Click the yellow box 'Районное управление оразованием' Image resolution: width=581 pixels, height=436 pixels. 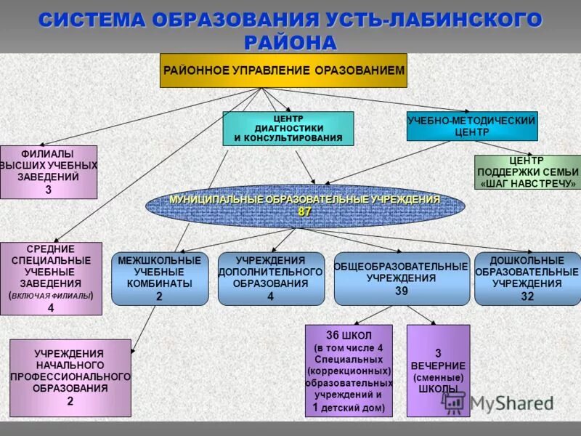point(283,70)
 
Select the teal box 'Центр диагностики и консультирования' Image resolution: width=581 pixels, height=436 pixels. point(288,128)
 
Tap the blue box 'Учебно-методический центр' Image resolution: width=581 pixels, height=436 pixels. point(472,126)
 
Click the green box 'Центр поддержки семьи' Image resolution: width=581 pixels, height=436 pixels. point(528,171)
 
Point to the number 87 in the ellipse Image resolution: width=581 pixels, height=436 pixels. point(305,211)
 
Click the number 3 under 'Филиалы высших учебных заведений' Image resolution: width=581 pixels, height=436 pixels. point(49,190)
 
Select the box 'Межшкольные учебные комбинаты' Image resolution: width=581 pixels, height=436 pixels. point(159,278)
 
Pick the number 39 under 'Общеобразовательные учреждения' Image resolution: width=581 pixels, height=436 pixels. point(401,291)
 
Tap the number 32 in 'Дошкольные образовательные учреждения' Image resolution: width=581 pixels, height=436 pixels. point(527,296)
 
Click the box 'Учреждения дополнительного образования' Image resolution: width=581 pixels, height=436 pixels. point(271,278)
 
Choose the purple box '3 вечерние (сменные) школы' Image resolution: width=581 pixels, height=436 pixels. point(438,371)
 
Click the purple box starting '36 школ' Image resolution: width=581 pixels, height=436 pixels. point(349,371)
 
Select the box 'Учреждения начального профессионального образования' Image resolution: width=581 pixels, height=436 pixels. point(70,377)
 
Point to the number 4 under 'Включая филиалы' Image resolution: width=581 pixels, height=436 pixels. point(51,308)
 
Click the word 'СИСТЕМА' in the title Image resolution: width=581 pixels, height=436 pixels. point(89,20)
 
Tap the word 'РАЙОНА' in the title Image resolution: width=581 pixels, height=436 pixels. point(290,42)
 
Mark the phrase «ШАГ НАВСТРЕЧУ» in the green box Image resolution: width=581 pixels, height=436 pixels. point(528,184)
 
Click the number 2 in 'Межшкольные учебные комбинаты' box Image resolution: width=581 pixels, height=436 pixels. point(159,296)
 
